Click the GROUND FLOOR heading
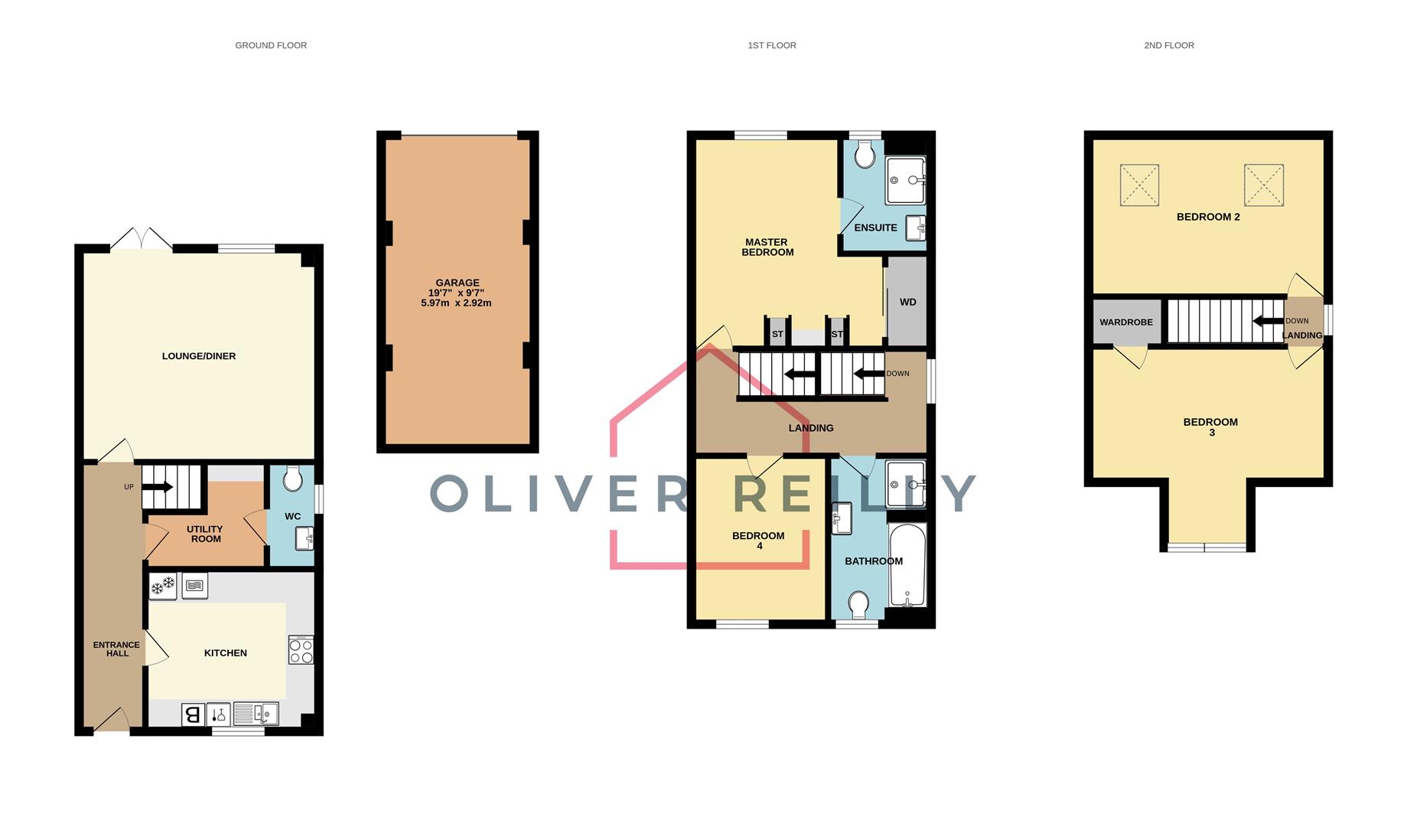click(x=271, y=45)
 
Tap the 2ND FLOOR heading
click(x=1168, y=45)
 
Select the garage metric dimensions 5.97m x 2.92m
click(x=456, y=302)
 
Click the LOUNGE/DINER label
click(x=199, y=356)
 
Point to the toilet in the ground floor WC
click(x=291, y=480)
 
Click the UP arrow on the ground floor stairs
click(x=158, y=487)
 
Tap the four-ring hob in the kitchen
click(x=301, y=650)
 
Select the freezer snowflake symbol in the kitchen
click(x=162, y=587)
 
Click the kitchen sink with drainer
click(x=256, y=714)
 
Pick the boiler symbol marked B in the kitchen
click(x=193, y=714)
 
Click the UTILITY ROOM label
click(x=205, y=534)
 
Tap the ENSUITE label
click(x=875, y=227)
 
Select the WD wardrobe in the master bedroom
click(x=907, y=302)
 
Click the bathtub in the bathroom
click(x=907, y=565)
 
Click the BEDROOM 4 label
click(x=758, y=541)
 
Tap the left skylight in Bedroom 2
click(x=1139, y=185)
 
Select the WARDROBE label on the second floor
click(x=1125, y=322)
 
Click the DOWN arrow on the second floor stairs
click(x=1268, y=321)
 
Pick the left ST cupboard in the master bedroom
click(x=777, y=334)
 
